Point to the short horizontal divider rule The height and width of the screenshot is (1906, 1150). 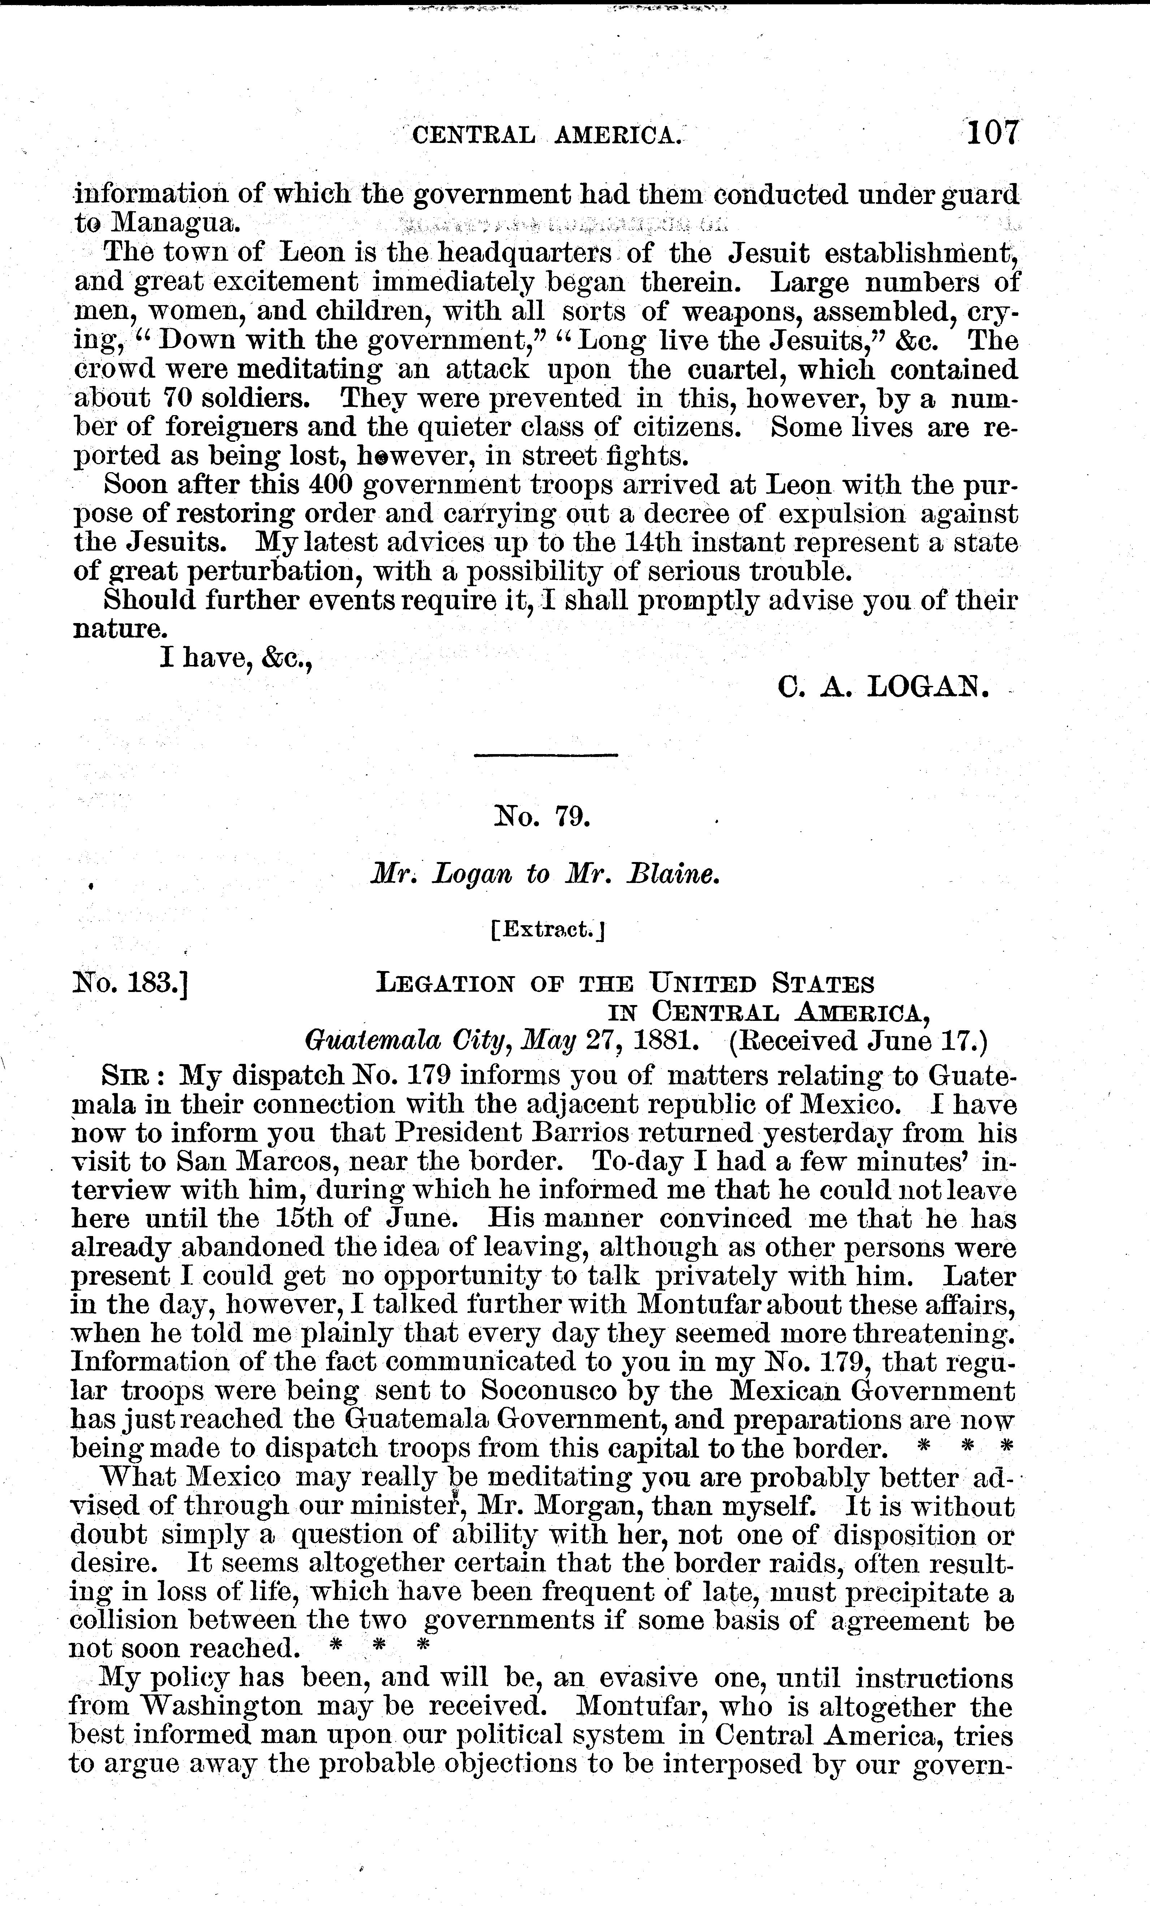[546, 754]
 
